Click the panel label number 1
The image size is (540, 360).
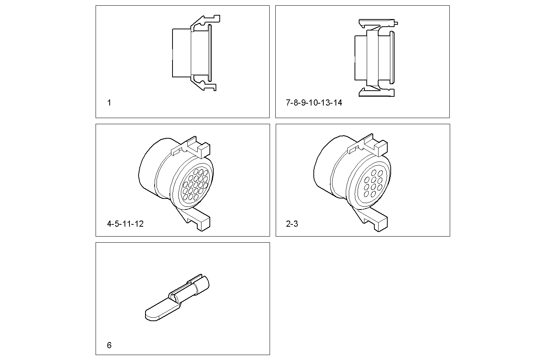[109, 103]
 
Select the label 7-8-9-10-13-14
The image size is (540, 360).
[314, 103]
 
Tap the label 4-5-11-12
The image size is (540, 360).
[125, 224]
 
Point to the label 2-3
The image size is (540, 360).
[292, 224]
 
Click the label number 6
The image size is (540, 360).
[109, 346]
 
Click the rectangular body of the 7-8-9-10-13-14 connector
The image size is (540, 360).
[361, 58]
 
